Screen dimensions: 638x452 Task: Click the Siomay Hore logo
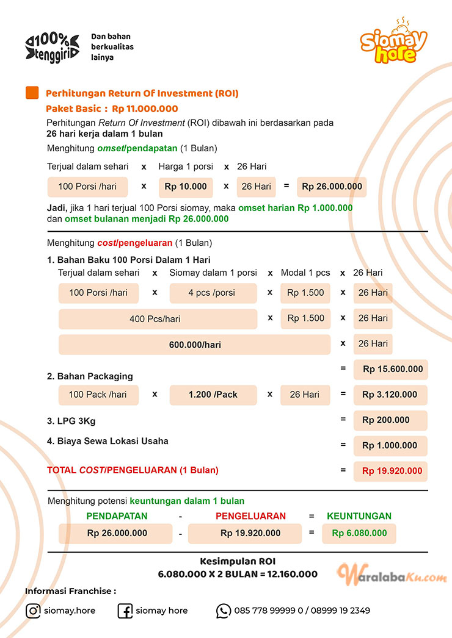(393, 43)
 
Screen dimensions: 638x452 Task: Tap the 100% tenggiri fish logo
(52, 47)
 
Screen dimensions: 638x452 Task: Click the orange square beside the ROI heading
(32, 93)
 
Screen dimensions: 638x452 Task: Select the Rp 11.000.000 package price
(145, 109)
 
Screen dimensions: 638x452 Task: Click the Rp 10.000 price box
(184, 187)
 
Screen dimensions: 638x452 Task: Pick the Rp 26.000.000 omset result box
(332, 187)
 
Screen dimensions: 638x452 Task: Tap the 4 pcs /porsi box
(211, 293)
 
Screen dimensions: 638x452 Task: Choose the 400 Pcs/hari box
(158, 319)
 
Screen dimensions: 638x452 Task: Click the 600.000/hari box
(194, 345)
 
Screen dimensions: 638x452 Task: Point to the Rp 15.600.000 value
(391, 369)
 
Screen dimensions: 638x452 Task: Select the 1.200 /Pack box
(213, 395)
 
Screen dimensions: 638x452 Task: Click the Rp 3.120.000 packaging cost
(391, 395)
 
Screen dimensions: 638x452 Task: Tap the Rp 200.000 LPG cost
(391, 420)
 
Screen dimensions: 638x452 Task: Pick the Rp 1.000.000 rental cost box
(391, 446)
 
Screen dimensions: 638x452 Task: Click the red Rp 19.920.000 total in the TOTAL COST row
(391, 471)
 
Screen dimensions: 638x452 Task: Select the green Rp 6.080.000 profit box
(359, 533)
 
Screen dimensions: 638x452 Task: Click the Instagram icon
(33, 611)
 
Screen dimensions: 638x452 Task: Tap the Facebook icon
(125, 611)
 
